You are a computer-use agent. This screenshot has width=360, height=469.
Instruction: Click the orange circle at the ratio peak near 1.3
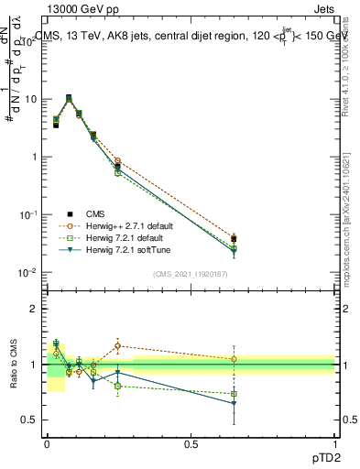click(117, 346)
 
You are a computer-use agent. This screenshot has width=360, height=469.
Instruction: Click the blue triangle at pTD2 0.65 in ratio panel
click(234, 403)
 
